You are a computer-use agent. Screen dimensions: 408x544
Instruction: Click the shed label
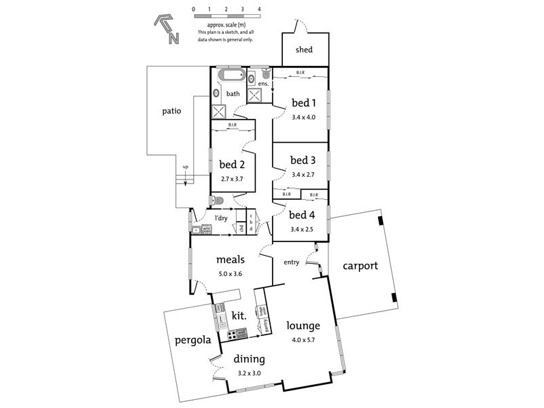point(304,50)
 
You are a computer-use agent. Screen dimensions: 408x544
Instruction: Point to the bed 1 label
point(304,103)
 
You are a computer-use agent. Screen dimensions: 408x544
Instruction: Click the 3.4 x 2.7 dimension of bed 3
point(303,174)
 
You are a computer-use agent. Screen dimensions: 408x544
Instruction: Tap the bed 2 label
point(232,164)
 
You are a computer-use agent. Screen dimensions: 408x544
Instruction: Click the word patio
point(171,111)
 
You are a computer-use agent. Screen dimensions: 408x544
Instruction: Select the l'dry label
point(221,218)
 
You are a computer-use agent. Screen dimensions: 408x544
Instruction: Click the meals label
point(231,260)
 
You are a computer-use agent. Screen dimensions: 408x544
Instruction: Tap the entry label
point(291,262)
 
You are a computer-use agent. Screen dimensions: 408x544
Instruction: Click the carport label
point(360,266)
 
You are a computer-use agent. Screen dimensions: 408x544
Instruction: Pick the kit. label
point(239,316)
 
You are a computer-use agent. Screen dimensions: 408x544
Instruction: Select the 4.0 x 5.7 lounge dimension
point(304,339)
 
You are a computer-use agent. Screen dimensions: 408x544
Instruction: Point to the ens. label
point(262,84)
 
